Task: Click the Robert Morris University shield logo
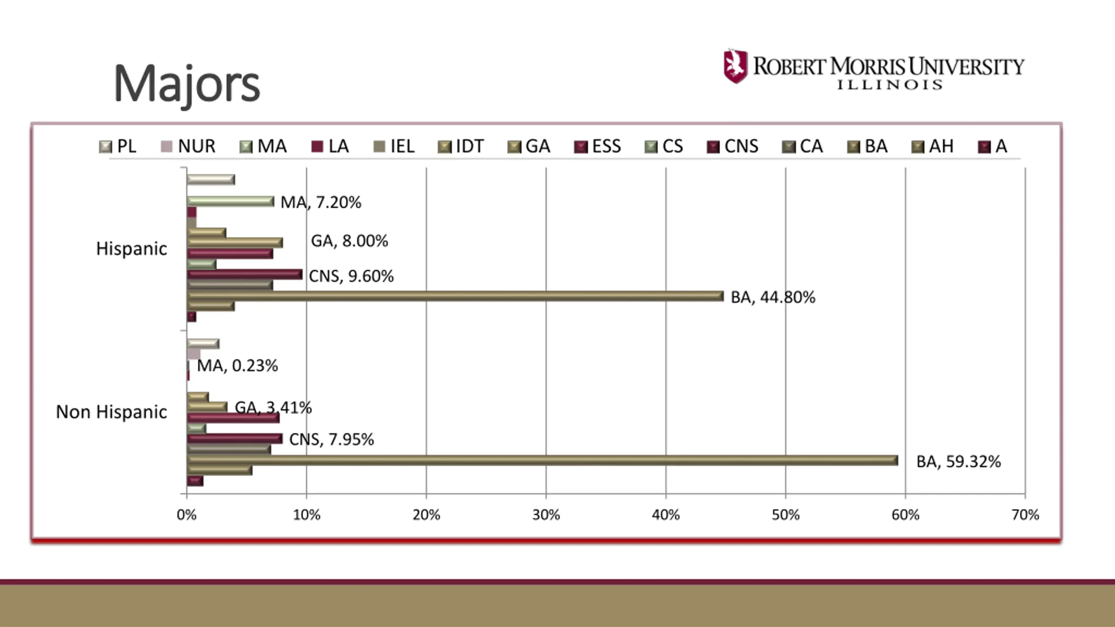click(736, 66)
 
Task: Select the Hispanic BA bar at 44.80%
click(455, 297)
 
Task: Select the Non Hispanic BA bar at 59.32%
click(542, 460)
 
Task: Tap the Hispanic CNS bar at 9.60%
click(244, 275)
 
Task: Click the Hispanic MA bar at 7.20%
click(230, 201)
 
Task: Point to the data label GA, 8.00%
click(349, 241)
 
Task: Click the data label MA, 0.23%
click(237, 366)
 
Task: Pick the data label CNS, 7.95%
click(331, 439)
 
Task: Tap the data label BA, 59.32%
click(958, 462)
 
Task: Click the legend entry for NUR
click(188, 146)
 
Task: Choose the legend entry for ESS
click(598, 146)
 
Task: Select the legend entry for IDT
click(461, 146)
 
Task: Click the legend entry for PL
click(118, 146)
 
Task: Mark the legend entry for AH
click(933, 146)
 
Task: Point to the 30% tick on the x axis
click(546, 515)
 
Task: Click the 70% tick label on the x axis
click(1025, 515)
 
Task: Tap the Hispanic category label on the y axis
click(132, 249)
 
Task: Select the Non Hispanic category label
click(111, 412)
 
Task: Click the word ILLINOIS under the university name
click(889, 84)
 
